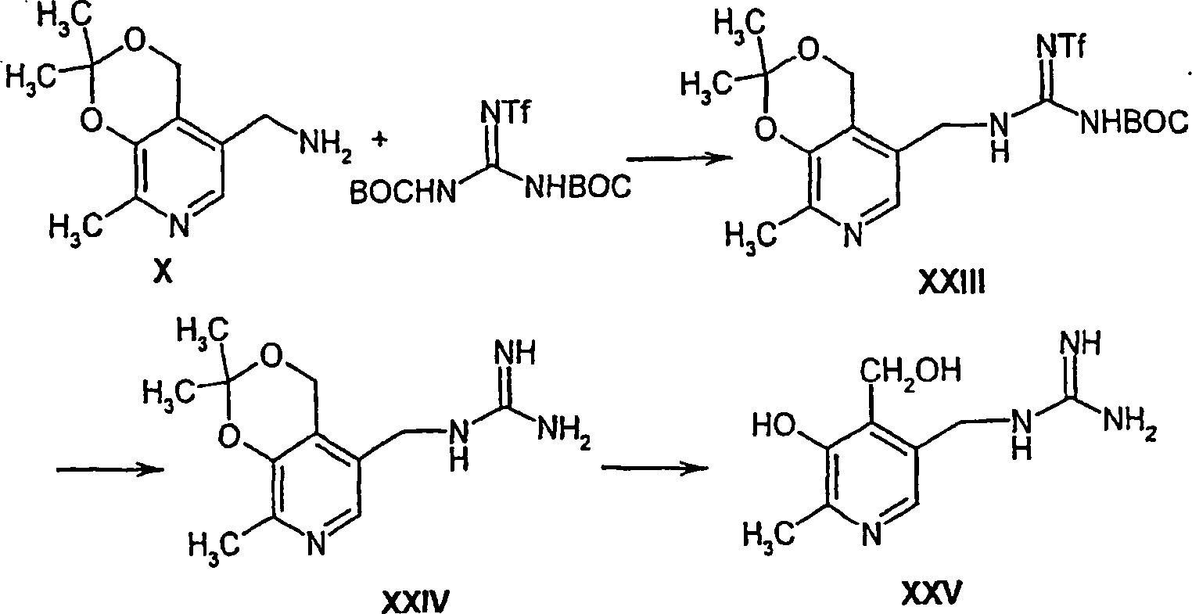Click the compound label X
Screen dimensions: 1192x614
click(x=163, y=273)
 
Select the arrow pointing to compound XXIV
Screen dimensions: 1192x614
click(x=110, y=467)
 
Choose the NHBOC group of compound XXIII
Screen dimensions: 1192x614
click(x=1131, y=124)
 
